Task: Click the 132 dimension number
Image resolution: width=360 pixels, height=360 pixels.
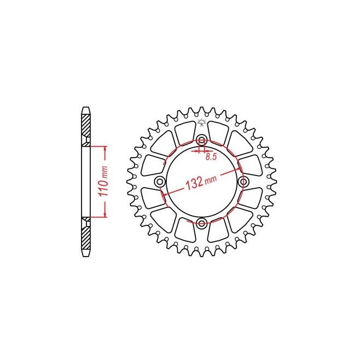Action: (x=194, y=183)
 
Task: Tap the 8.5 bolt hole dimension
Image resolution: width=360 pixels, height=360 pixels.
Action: (x=211, y=157)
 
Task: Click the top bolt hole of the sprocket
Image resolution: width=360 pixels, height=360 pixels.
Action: (x=202, y=140)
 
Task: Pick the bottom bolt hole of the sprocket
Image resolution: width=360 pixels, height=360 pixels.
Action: (x=202, y=223)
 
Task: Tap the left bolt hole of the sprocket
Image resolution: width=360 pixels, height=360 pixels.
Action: (x=160, y=182)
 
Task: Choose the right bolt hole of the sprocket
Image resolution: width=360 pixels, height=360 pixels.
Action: (x=243, y=182)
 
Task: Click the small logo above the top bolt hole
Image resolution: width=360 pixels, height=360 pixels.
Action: (x=202, y=123)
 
